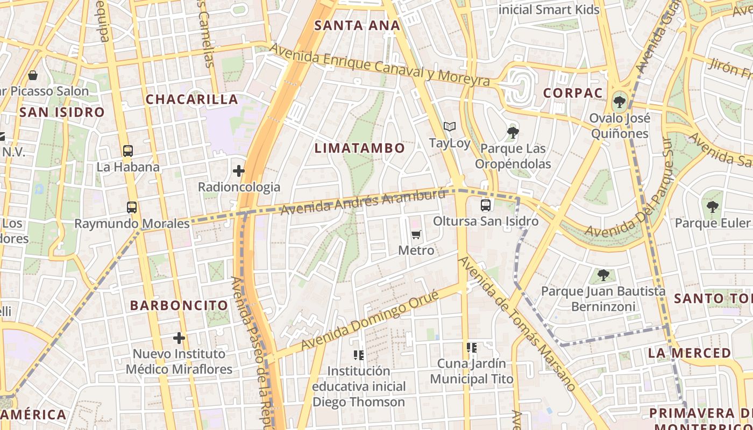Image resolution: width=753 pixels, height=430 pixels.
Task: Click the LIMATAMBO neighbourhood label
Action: point(359,148)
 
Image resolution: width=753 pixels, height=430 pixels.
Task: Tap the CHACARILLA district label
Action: point(191,99)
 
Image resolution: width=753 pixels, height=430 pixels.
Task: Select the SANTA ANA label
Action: point(357,25)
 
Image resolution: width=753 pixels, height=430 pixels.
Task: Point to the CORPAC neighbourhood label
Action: point(573,93)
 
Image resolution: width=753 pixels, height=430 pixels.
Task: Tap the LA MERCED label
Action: point(690,353)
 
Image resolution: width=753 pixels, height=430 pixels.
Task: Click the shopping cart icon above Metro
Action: point(416,234)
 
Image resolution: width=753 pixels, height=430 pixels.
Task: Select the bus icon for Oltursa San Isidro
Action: point(485,205)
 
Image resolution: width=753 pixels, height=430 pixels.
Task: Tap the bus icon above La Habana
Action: point(127,151)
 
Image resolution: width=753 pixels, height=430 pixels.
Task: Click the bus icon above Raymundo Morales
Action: point(131,207)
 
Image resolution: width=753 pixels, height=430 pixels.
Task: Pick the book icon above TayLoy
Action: point(450,127)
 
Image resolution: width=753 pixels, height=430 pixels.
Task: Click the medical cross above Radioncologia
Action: point(238,171)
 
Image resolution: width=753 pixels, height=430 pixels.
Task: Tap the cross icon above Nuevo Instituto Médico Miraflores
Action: point(179,338)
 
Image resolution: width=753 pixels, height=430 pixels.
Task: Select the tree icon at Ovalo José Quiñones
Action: point(619,101)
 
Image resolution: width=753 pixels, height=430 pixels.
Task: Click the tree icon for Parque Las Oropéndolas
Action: point(513,132)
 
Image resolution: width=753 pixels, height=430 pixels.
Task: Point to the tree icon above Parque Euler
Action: point(713,206)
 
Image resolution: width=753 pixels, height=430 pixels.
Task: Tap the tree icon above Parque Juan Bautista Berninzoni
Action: point(603,275)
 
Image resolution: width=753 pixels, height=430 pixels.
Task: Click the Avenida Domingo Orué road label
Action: point(374,318)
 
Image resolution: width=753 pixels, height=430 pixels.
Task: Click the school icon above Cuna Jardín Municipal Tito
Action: point(472,348)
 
